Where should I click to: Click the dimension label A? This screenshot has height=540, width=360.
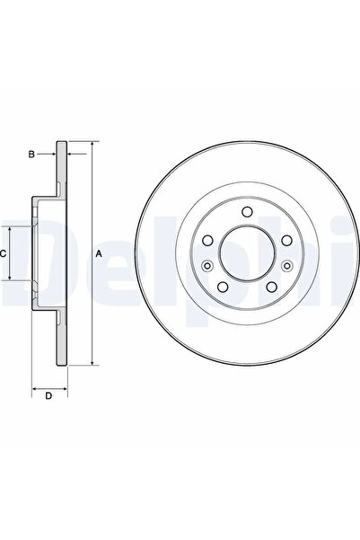[x=99, y=254]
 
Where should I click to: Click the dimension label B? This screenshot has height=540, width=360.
[x=31, y=155]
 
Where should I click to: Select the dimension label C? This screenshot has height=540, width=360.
[x=3, y=254]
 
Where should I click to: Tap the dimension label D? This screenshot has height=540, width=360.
[x=48, y=395]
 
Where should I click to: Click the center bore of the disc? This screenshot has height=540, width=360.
[x=248, y=253]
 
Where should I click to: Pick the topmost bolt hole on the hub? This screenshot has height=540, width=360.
[x=247, y=211]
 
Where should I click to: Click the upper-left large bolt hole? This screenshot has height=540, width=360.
[x=207, y=241]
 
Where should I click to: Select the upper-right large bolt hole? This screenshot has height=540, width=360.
[x=286, y=241]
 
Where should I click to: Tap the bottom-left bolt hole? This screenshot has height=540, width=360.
[x=224, y=287]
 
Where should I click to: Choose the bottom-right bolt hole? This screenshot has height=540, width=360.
[x=272, y=287]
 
